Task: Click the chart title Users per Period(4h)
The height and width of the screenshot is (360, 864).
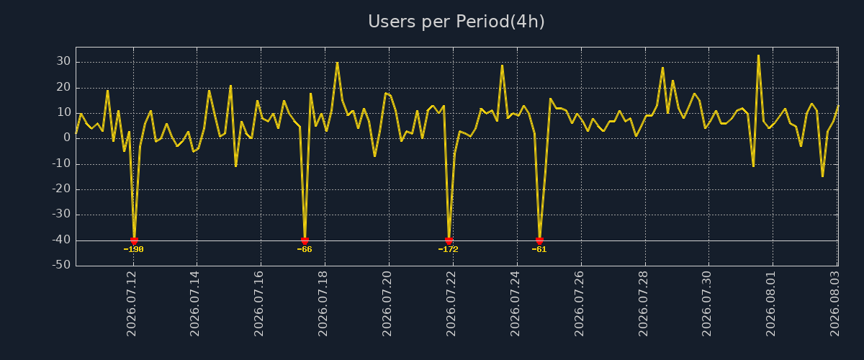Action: [456, 22]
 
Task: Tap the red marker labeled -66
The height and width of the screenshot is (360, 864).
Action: [305, 241]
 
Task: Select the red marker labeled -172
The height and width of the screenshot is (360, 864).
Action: [449, 241]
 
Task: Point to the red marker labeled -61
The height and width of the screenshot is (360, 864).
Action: [539, 241]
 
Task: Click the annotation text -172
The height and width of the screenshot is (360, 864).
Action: [448, 249]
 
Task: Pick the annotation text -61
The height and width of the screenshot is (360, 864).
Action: [539, 249]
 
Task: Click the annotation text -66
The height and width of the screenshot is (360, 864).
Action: [305, 249]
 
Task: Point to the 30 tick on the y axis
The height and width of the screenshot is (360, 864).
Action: [63, 61]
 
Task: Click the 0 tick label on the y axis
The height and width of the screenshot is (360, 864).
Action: [67, 138]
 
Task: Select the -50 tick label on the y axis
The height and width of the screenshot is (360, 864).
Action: [61, 265]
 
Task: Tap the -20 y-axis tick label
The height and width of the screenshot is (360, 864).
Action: [61, 189]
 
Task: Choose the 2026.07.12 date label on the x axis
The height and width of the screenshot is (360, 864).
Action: [132, 304]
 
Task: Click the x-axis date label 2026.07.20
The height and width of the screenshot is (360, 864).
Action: [387, 304]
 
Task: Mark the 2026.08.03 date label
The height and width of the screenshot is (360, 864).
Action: [835, 304]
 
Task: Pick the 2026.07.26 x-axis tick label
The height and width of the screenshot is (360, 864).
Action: [579, 304]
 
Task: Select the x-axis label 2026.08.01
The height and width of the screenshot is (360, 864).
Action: [770, 304]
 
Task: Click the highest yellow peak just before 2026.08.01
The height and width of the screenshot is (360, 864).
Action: [758, 55]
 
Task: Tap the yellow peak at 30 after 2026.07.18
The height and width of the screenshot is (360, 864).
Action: [338, 63]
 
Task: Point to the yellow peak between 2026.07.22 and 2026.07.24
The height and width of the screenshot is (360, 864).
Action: [502, 66]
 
